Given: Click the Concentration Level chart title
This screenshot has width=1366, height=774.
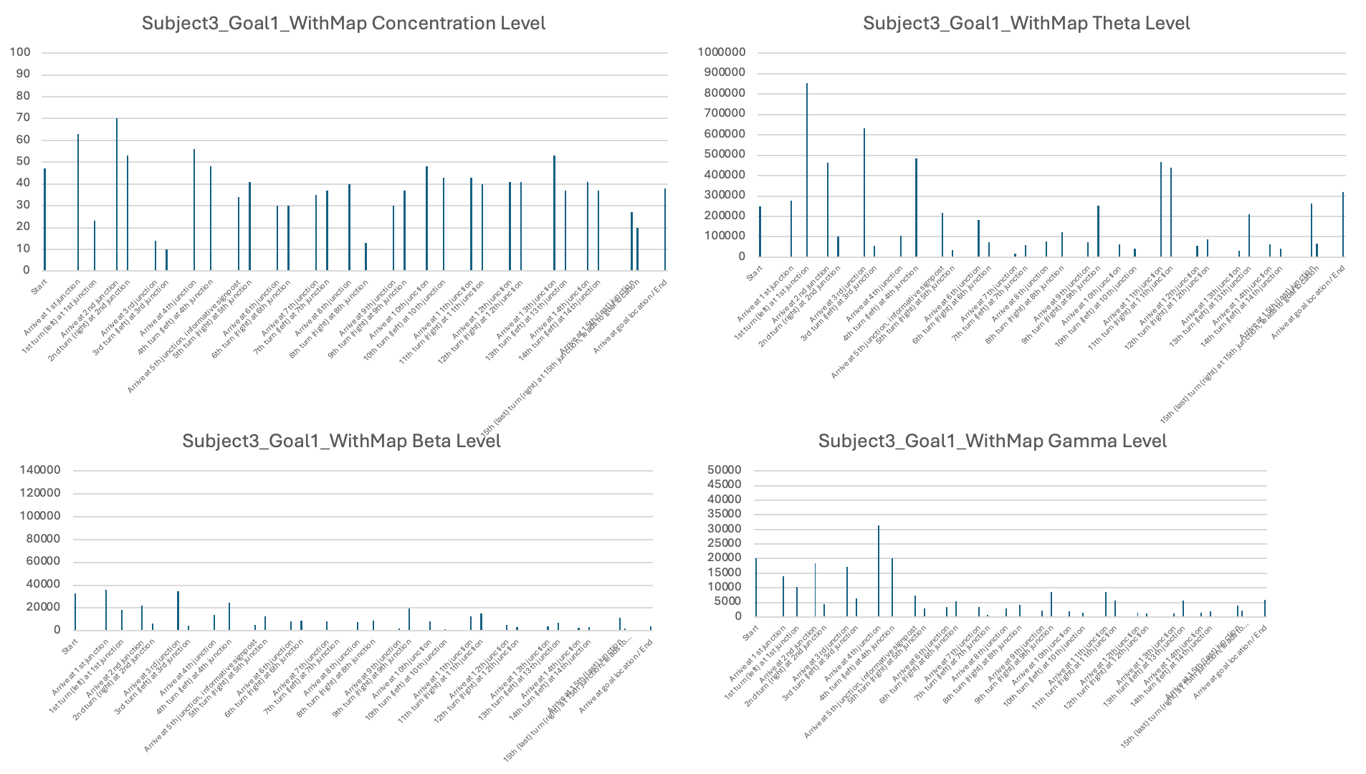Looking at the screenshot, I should pyautogui.click(x=343, y=24).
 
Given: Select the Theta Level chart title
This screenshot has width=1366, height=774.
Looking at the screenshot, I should pyautogui.click(x=1026, y=24).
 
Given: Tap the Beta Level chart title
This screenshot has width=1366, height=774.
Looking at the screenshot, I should pyautogui.click(x=341, y=441).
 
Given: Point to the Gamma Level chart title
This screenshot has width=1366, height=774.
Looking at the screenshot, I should pyautogui.click(x=992, y=441).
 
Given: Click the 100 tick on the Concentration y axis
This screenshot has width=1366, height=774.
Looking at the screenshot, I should pyautogui.click(x=20, y=52).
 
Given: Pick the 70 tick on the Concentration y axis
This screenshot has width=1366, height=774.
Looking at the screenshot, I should pyautogui.click(x=23, y=118).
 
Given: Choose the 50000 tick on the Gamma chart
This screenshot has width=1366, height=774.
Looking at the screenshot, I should pyautogui.click(x=724, y=470).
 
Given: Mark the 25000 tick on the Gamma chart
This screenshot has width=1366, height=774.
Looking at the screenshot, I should pyautogui.click(x=724, y=543).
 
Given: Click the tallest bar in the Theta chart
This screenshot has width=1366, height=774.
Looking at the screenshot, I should pyautogui.click(x=807, y=170).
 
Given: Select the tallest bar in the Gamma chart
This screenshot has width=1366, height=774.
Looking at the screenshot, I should pyautogui.click(x=879, y=571).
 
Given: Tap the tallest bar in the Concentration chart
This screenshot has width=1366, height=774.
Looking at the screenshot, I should pyautogui.click(x=117, y=194).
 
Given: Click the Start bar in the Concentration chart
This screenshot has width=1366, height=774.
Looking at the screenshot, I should pyautogui.click(x=44, y=219).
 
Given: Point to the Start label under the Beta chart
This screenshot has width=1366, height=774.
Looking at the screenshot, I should pyautogui.click(x=69, y=647).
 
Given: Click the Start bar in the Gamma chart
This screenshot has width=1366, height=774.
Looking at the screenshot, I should pyautogui.click(x=755, y=587).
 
